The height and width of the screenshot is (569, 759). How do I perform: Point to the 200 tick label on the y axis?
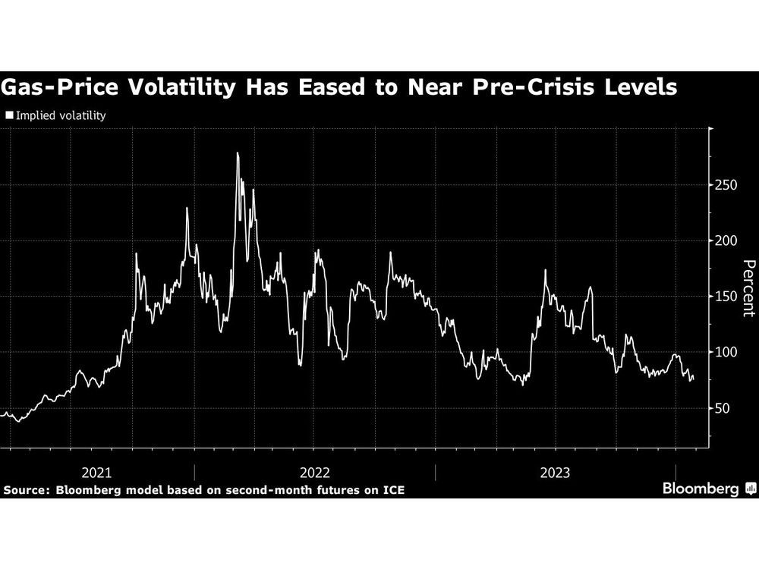tap(726, 240)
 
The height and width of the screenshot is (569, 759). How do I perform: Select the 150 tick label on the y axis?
tap(726, 296)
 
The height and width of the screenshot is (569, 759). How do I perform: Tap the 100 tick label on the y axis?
tap(726, 352)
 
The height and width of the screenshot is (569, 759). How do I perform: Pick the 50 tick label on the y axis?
tap(723, 408)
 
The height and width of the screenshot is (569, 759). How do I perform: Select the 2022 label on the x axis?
tap(315, 473)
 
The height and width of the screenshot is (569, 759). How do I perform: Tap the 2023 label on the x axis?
tap(556, 473)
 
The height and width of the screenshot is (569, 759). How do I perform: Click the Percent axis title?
tap(748, 288)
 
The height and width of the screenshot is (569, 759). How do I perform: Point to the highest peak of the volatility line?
tap(238, 153)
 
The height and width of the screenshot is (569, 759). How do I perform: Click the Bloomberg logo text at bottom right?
tap(701, 489)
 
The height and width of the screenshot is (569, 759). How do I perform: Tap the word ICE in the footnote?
tap(392, 490)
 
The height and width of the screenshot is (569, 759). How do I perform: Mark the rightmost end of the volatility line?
tap(693, 378)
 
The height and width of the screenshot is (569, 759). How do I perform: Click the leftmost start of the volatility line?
tap(2, 414)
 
